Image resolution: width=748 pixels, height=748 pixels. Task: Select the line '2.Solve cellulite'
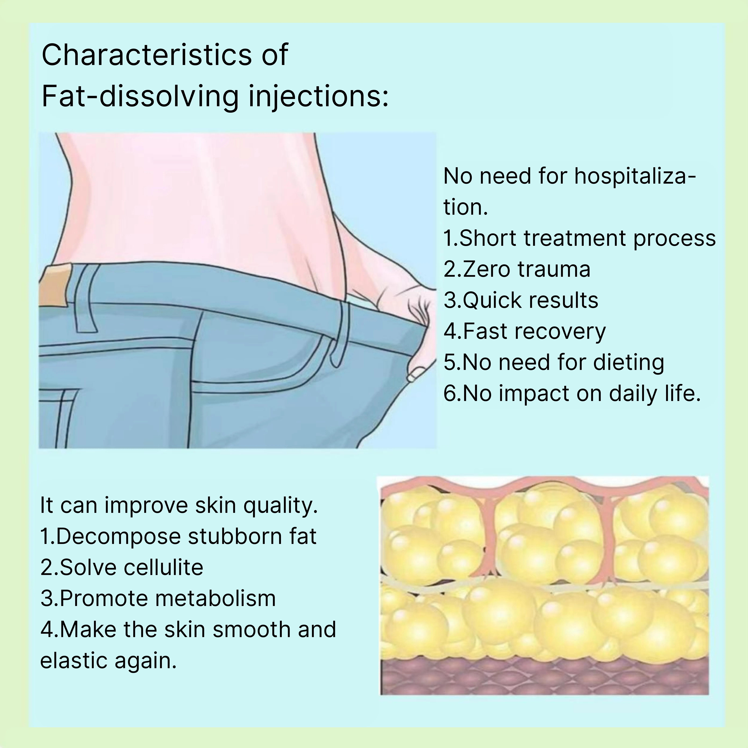[x=122, y=568]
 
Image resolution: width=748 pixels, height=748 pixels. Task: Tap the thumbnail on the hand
[x=416, y=372]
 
